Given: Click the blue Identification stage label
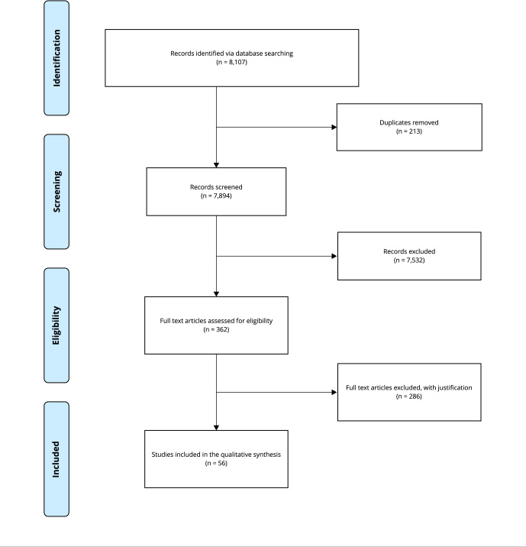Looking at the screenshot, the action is pyautogui.click(x=56, y=58).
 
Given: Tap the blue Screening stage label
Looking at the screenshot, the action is pyautogui.click(x=56, y=192).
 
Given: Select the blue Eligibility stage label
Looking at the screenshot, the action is pyautogui.click(x=56, y=325).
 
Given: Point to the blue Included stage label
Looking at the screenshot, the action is pyautogui.click(x=56, y=459).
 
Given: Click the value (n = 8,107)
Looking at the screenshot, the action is pyautogui.click(x=231, y=62).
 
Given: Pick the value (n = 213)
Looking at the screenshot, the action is pyautogui.click(x=409, y=131).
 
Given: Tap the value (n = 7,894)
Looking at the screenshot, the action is pyautogui.click(x=216, y=196).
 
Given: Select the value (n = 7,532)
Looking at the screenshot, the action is pyautogui.click(x=409, y=261).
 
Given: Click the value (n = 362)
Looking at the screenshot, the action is pyautogui.click(x=216, y=330).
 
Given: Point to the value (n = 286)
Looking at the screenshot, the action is pyautogui.click(x=409, y=396).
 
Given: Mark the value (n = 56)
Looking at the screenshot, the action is pyautogui.click(x=216, y=463).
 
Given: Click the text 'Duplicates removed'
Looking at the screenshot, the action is pyautogui.click(x=409, y=122).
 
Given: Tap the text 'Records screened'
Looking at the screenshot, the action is pyautogui.click(x=216, y=187).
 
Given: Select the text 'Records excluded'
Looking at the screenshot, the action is pyautogui.click(x=409, y=251).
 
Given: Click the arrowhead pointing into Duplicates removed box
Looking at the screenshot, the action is pyautogui.click(x=334, y=128).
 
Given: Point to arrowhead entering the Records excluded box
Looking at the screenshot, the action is pyautogui.click(x=334, y=257).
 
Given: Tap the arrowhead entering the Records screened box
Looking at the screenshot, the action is pyautogui.click(x=217, y=165).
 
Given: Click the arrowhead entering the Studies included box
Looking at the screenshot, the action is pyautogui.click(x=217, y=428).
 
